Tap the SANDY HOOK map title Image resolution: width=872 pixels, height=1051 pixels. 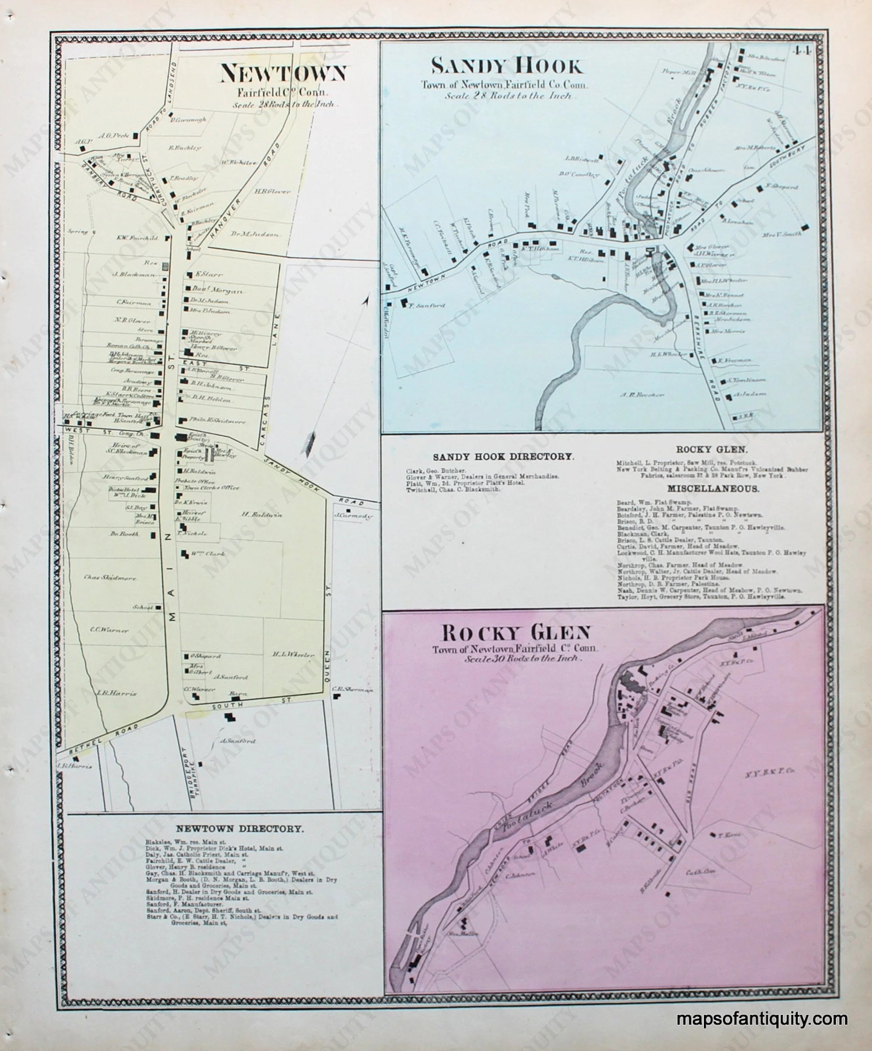(507, 66)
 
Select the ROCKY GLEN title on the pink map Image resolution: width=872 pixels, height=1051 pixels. (516, 634)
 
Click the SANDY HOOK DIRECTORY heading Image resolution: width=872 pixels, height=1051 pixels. (503, 456)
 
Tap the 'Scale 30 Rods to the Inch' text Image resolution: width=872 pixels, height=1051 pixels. (523, 659)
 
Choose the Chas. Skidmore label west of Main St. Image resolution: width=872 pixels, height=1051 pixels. (110, 578)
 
